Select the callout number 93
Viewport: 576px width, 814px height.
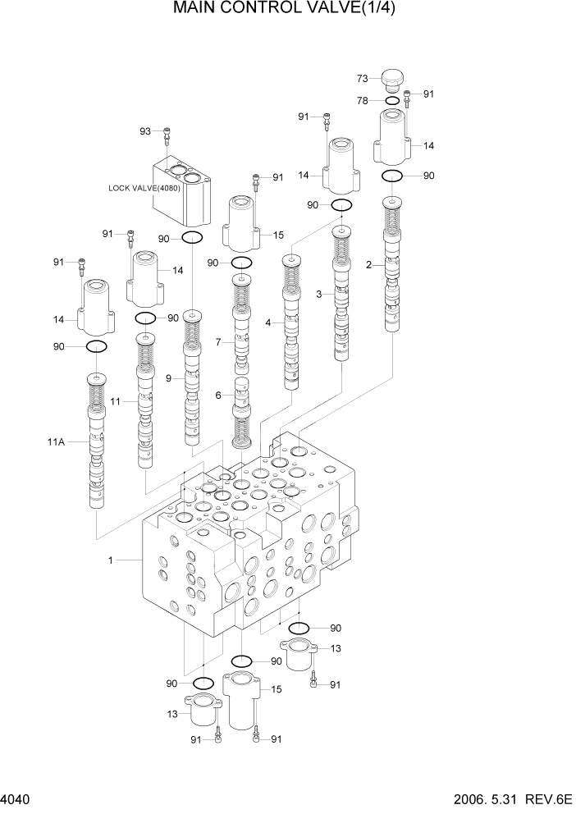(146, 131)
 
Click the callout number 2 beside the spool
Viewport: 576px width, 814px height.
(368, 264)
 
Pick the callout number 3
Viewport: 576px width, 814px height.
(318, 293)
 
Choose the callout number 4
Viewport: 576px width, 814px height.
(267, 323)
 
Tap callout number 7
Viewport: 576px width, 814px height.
(217, 342)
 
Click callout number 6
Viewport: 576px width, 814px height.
(218, 395)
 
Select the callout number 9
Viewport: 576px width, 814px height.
(168, 378)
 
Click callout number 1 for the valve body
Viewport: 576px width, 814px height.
(109, 560)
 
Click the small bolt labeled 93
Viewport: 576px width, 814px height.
(167, 133)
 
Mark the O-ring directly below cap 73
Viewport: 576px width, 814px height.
(393, 101)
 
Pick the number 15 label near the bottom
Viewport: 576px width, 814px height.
(277, 690)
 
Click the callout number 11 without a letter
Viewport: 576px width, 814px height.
(116, 401)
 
